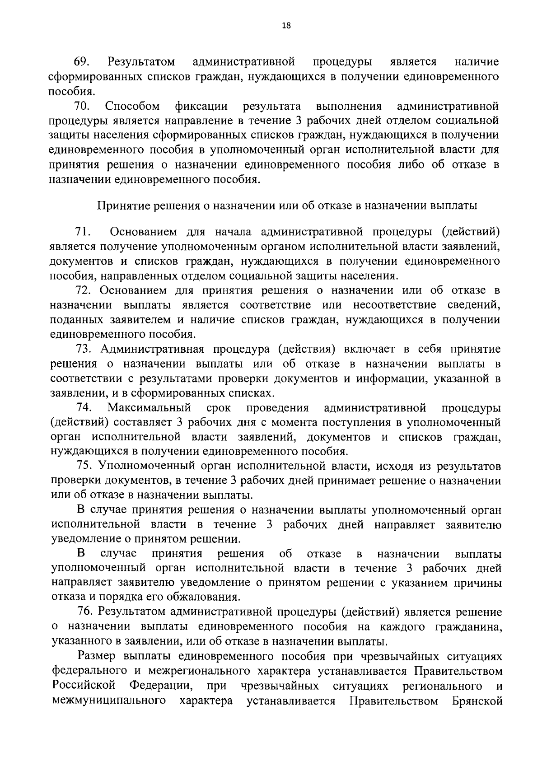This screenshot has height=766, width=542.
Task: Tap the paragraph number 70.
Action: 83,107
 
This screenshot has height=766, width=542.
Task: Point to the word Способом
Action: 132,107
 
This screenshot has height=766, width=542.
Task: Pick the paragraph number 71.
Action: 83,232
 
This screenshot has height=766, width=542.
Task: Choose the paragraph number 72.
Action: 84,290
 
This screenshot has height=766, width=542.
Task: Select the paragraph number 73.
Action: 84,349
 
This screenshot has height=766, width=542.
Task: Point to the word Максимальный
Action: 149,408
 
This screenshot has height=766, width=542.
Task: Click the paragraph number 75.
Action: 84,466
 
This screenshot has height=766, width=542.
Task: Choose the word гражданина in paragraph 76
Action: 469,627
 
